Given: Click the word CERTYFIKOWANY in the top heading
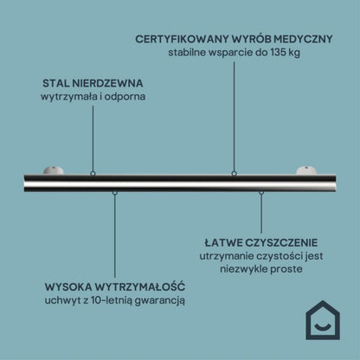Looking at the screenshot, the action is coord(182,39).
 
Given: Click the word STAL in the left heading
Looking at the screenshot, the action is coord(55,83).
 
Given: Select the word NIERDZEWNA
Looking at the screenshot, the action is coord(107,83).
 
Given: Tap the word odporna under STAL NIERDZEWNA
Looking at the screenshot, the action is coord(125,97).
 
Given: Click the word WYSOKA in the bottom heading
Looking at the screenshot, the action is coord(68,287).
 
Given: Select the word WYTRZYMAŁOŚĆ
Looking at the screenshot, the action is coord(140,286).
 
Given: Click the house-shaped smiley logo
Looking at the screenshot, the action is coord(323,320).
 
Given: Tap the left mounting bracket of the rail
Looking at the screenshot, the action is coord(54,170).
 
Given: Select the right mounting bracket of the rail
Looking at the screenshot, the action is coord(306,170).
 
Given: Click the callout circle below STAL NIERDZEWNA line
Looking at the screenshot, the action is coord(93,174).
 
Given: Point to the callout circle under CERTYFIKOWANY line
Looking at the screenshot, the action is coord(234,174).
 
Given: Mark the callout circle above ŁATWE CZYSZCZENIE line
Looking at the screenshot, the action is coord(261,192).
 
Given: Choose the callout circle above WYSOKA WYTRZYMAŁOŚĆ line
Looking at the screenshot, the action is coord(115,192).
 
